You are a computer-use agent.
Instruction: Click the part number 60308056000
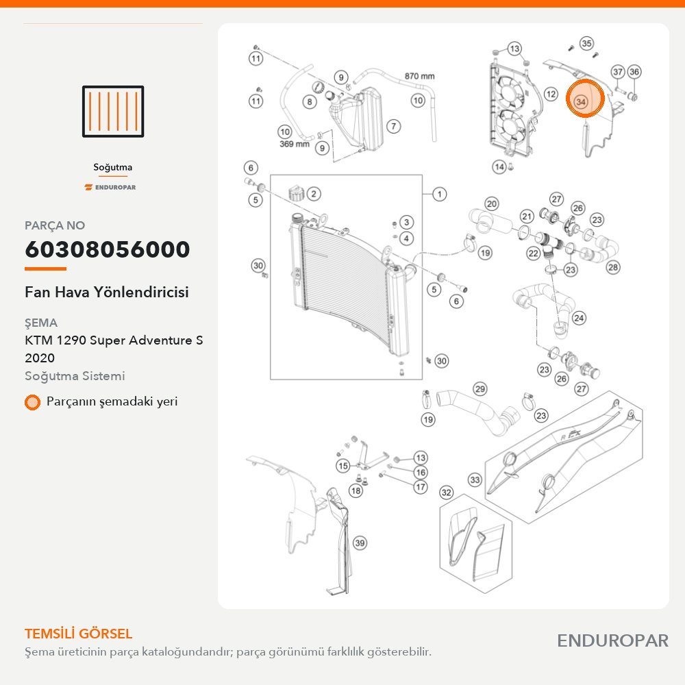[108, 249]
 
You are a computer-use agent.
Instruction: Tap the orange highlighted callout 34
[584, 99]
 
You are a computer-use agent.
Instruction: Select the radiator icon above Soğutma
[113, 112]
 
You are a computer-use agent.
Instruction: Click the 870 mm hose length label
[419, 76]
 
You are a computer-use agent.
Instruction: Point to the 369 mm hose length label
[295, 144]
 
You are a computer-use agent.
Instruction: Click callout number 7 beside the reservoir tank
[394, 126]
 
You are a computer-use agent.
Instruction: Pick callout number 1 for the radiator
[440, 194]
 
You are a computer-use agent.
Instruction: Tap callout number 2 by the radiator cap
[314, 194]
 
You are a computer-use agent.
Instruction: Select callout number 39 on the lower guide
[360, 543]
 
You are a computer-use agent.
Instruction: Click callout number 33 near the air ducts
[475, 480]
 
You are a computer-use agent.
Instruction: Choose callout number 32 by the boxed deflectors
[446, 493]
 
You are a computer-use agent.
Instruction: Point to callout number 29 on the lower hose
[480, 389]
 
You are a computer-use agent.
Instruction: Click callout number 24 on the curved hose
[579, 318]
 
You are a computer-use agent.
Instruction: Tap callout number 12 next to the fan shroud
[551, 94]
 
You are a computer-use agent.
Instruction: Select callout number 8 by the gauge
[310, 102]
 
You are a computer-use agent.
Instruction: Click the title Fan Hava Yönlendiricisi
[107, 292]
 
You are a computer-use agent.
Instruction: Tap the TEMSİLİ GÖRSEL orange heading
[79, 634]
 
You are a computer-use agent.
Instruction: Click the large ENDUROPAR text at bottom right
[612, 641]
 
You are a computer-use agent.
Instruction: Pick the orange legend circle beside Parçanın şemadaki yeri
[32, 402]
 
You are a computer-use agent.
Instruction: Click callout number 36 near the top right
[634, 72]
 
